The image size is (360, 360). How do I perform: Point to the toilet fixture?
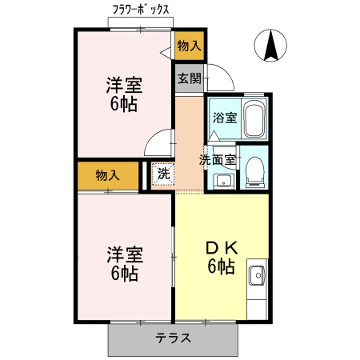tap(255, 170)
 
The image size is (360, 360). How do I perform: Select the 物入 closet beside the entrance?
tap(189, 46)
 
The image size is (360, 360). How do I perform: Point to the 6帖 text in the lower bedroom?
tap(124, 274)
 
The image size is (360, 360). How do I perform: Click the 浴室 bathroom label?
tap(224, 118)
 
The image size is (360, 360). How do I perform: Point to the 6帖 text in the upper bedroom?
tap(124, 105)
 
